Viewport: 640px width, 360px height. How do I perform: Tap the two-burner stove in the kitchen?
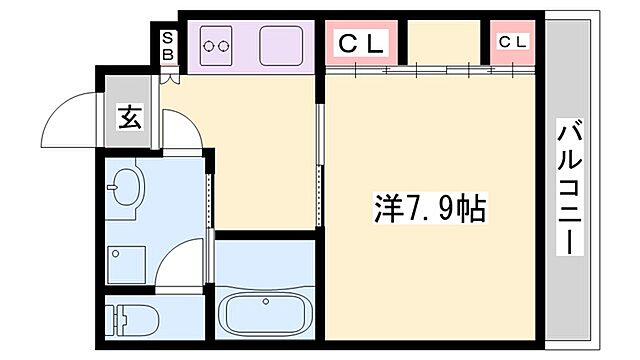218,45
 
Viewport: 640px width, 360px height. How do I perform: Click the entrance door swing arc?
70,110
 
